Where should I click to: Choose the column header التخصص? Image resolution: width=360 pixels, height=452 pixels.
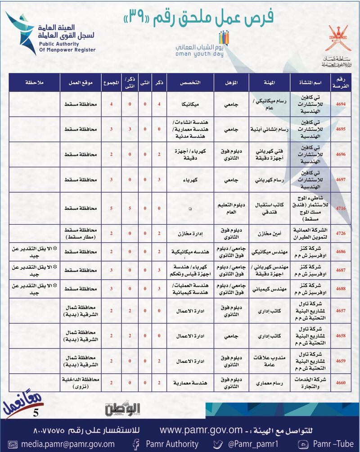coord(190,84)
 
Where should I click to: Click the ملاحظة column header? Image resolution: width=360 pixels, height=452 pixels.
coord(35,84)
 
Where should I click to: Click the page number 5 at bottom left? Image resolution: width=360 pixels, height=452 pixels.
coord(36,411)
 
